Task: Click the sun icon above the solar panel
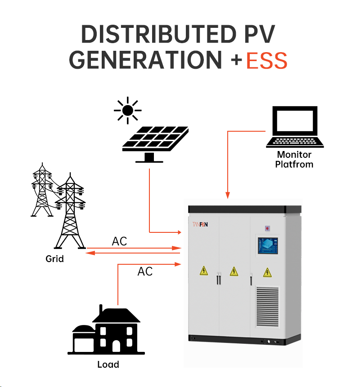tap(127, 110)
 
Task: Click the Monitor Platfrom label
tap(295, 159)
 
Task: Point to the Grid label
tap(54, 259)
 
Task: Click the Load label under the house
tap(108, 364)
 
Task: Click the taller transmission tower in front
tap(70, 211)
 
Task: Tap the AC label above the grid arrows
tap(119, 241)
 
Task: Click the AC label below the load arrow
tap(145, 271)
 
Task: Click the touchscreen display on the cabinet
tap(268, 246)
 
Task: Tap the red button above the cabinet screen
tap(268, 228)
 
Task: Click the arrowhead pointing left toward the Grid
tap(89, 253)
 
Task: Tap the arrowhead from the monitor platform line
tap(228, 196)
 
